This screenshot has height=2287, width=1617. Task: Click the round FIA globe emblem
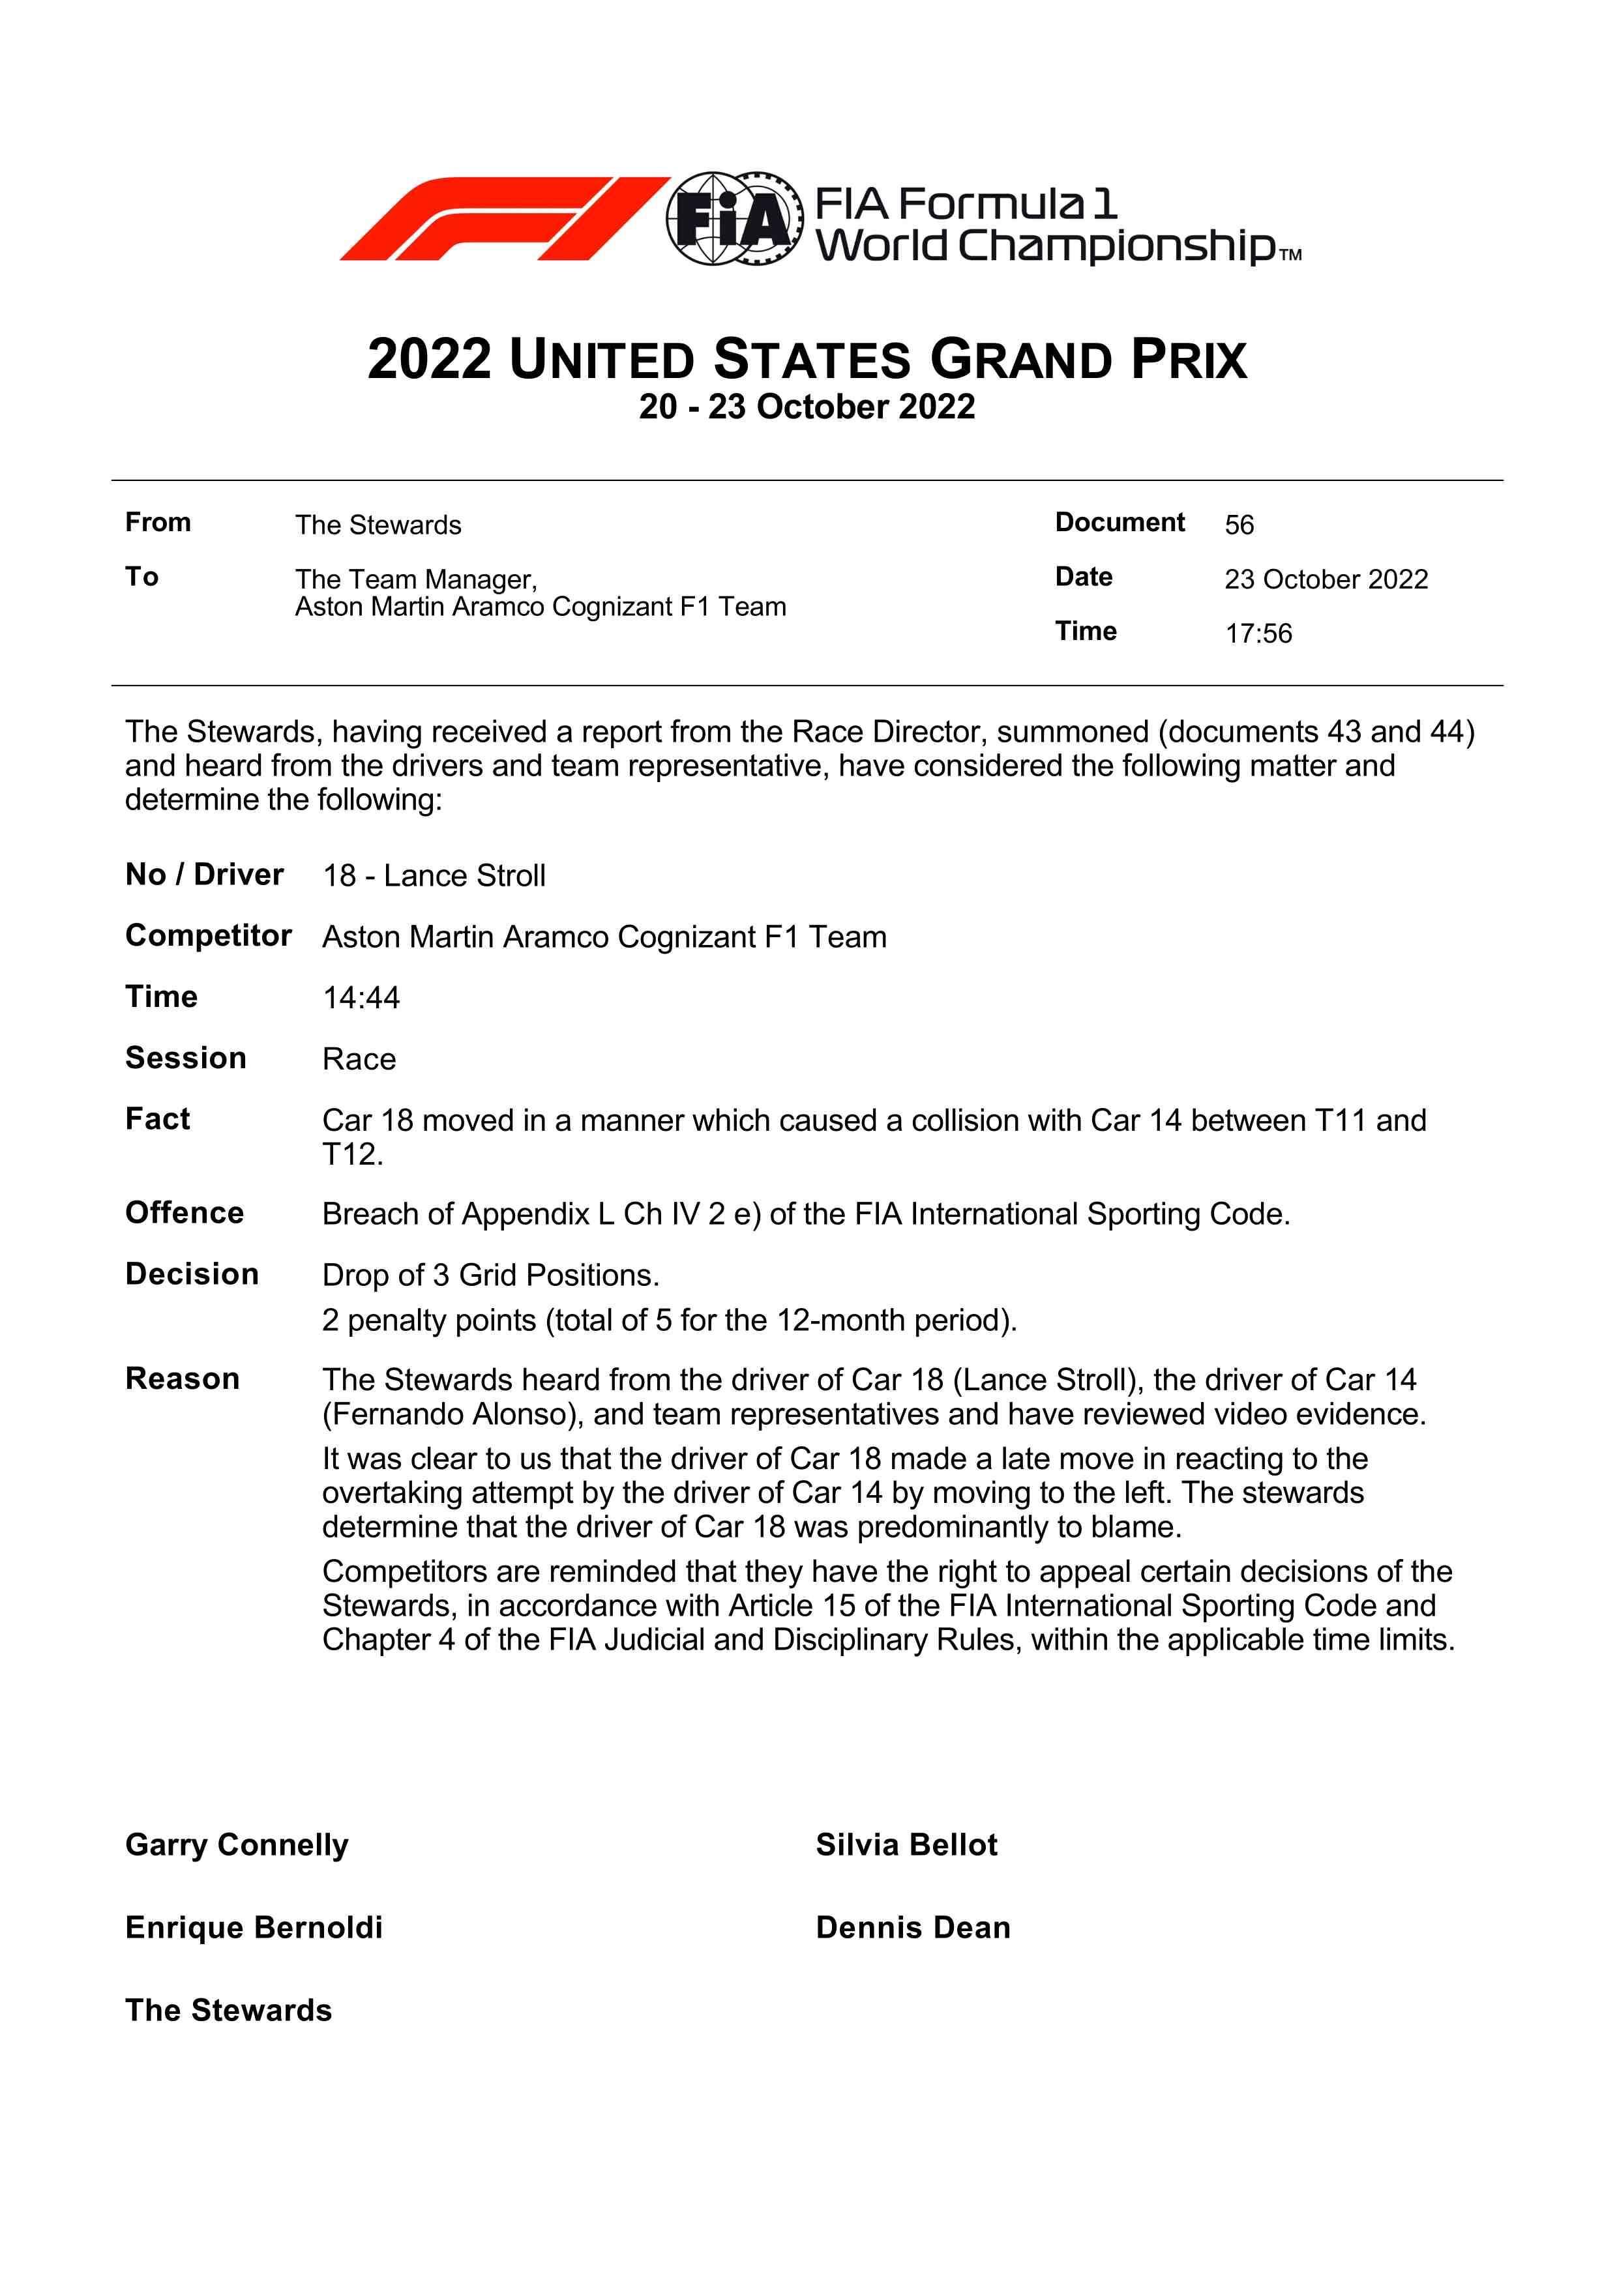[x=734, y=218]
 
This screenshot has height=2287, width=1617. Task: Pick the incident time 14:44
[x=361, y=997]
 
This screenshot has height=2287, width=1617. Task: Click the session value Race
[x=359, y=1059]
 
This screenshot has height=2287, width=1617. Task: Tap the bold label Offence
[x=185, y=1213]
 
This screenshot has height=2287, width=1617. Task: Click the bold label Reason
[x=183, y=1378]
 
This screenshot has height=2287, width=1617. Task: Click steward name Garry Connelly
[x=237, y=1844]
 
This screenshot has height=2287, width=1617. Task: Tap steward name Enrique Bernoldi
[x=254, y=1927]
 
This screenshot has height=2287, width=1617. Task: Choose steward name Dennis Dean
[x=913, y=1927]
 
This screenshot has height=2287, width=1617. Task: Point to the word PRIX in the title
[x=1189, y=360]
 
